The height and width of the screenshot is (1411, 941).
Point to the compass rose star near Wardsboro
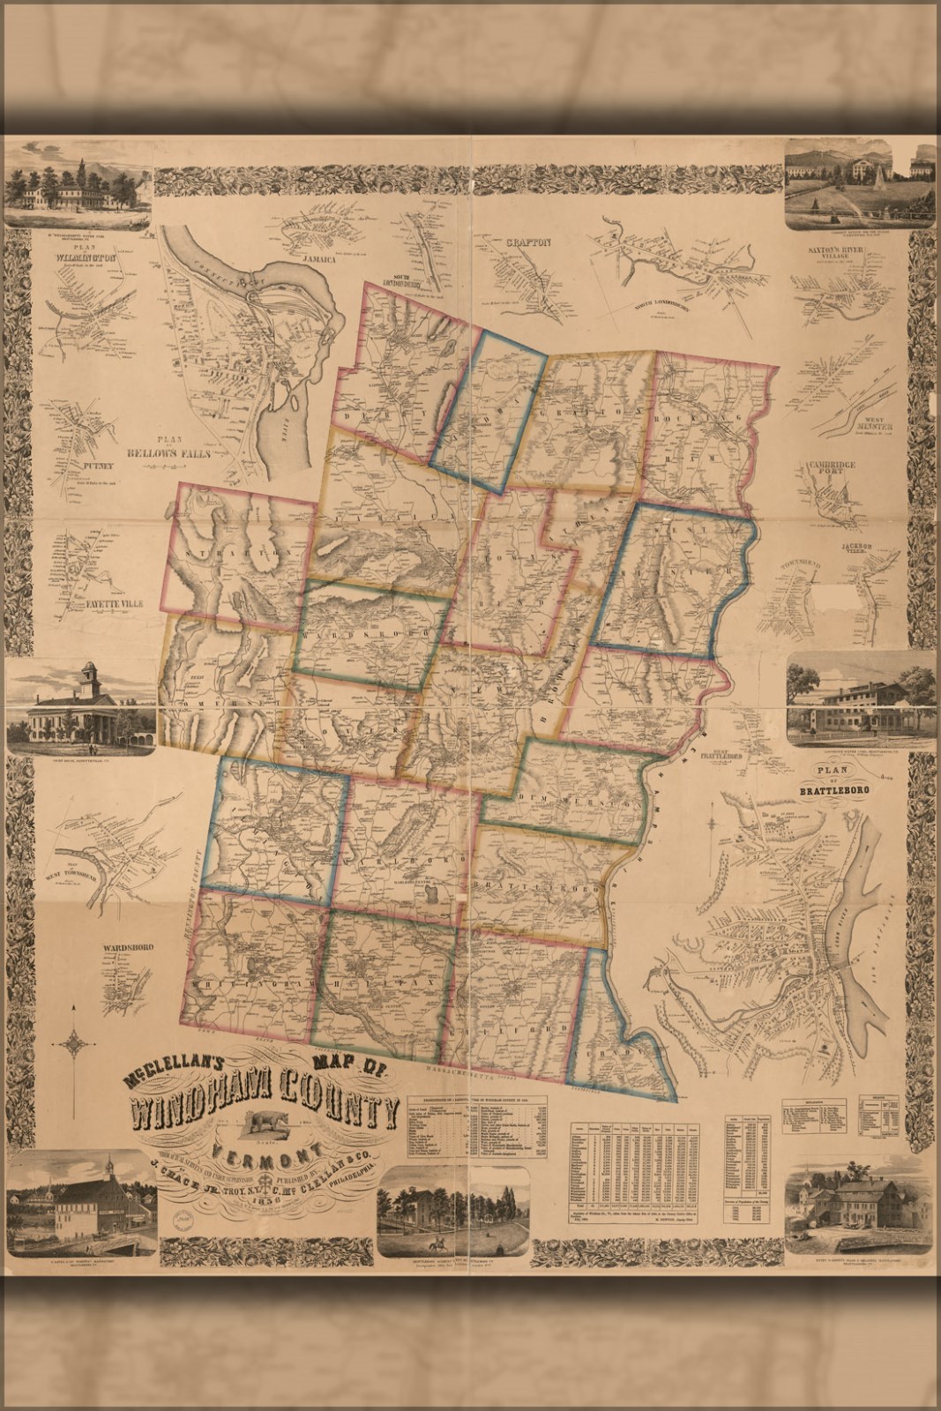point(76,1042)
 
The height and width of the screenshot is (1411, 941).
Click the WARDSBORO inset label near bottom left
point(128,948)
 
